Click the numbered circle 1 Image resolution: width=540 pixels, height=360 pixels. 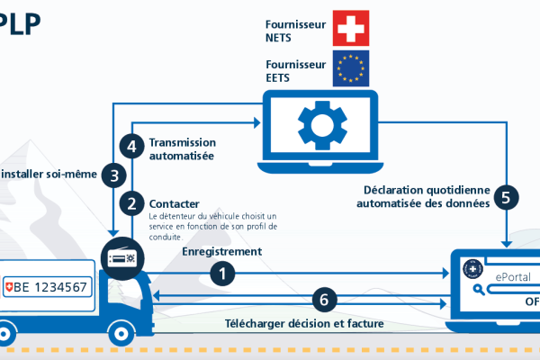click(x=224, y=271)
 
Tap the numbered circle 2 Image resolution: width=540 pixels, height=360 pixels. click(x=132, y=204)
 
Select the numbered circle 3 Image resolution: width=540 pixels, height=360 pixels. click(x=113, y=175)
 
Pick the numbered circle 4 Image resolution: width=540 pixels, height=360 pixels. click(x=132, y=146)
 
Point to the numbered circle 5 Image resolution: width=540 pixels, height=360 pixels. click(x=506, y=197)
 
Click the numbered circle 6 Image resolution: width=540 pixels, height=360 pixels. click(x=326, y=299)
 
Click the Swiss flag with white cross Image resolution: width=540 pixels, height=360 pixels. click(x=351, y=28)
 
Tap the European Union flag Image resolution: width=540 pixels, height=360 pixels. click(x=351, y=68)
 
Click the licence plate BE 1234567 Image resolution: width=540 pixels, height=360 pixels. click(x=46, y=287)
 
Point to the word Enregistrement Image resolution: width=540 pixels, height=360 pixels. click(x=221, y=252)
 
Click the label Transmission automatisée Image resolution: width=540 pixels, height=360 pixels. click(x=182, y=148)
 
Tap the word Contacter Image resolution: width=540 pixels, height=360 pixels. click(x=174, y=203)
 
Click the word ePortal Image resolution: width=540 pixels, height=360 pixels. click(x=509, y=277)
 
